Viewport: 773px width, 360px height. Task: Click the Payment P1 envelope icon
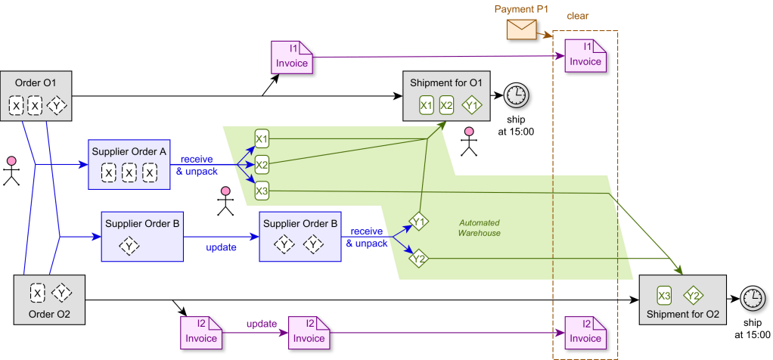point(521,29)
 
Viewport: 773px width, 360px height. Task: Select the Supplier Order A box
point(129,164)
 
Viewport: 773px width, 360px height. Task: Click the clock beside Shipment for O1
point(516,95)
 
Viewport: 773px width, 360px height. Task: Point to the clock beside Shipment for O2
point(752,297)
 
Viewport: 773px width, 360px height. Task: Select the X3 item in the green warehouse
point(262,191)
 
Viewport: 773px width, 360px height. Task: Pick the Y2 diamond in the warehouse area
point(418,259)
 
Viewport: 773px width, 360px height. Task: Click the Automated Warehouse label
point(480,228)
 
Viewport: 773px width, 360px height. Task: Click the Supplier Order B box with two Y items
point(299,237)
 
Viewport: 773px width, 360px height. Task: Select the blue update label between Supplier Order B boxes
point(222,247)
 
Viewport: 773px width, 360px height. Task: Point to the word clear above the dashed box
point(578,16)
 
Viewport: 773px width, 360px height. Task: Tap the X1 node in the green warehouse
point(262,138)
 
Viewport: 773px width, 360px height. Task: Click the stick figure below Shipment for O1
point(470,141)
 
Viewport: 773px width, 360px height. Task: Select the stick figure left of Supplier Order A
point(11,171)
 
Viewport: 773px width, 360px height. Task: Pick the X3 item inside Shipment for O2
point(664,295)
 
